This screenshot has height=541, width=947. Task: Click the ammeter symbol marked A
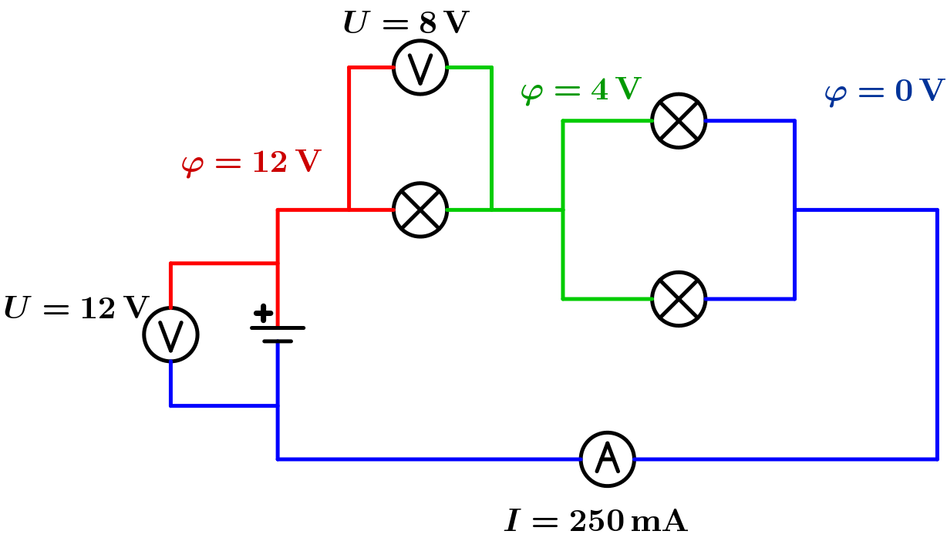[x=608, y=459]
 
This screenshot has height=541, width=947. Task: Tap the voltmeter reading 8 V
[x=420, y=68]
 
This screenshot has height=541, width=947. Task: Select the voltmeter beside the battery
[x=171, y=334]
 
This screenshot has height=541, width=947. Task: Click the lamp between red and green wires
[x=420, y=210]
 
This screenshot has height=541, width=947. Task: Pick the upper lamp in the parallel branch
[x=679, y=121]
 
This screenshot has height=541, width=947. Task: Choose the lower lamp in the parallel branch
[x=679, y=298]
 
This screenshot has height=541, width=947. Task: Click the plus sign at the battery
[x=263, y=313]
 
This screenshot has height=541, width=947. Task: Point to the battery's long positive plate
[x=278, y=328]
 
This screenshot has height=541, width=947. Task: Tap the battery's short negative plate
[x=278, y=341]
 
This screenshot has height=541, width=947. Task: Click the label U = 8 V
[x=406, y=23]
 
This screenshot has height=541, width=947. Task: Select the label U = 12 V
[x=76, y=309]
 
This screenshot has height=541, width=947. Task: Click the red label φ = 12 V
[x=251, y=163]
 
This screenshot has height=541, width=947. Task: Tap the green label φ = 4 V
[x=581, y=90]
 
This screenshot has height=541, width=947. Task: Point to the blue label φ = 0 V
[x=884, y=92]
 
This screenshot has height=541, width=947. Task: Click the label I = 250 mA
[x=596, y=522]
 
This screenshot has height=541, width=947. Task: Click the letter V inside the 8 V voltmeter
[x=420, y=69]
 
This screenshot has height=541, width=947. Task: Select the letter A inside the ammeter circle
[x=608, y=459]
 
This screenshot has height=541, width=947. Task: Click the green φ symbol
[x=531, y=92]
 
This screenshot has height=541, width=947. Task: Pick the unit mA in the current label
[x=659, y=522]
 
